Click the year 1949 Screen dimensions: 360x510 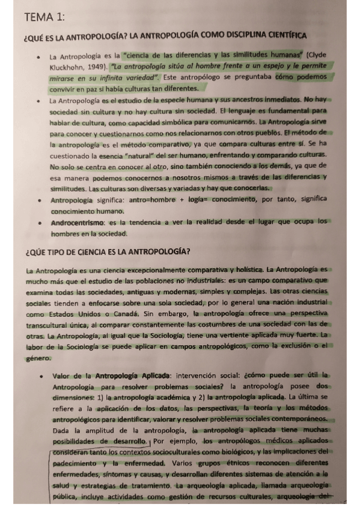tap(97, 65)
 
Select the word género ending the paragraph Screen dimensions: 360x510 tap(38, 358)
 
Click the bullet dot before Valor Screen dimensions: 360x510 tap(40, 376)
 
